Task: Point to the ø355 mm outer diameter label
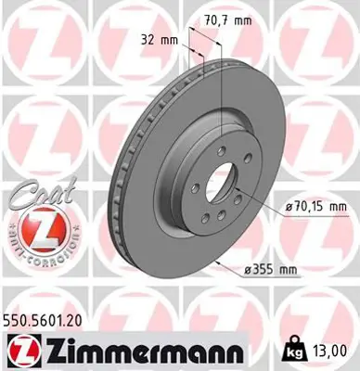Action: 302,268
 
